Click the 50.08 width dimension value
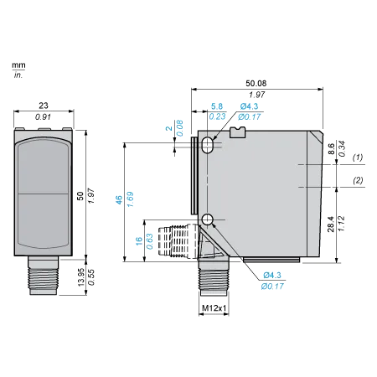(256, 83)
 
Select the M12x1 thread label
(214, 308)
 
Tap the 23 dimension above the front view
(44, 106)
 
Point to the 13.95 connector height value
(80, 277)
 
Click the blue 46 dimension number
(119, 199)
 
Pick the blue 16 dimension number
(139, 241)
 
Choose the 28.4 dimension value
(331, 224)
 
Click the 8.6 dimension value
(331, 148)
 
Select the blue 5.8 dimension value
(217, 106)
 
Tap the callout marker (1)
(358, 158)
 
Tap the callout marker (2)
(358, 180)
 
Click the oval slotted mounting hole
(207, 145)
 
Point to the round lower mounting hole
(207, 219)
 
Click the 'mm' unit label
(18, 65)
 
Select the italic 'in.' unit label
(18, 75)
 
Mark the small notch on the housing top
(238, 132)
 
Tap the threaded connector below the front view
(44, 276)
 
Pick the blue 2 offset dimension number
(168, 128)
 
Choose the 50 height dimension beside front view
(80, 196)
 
